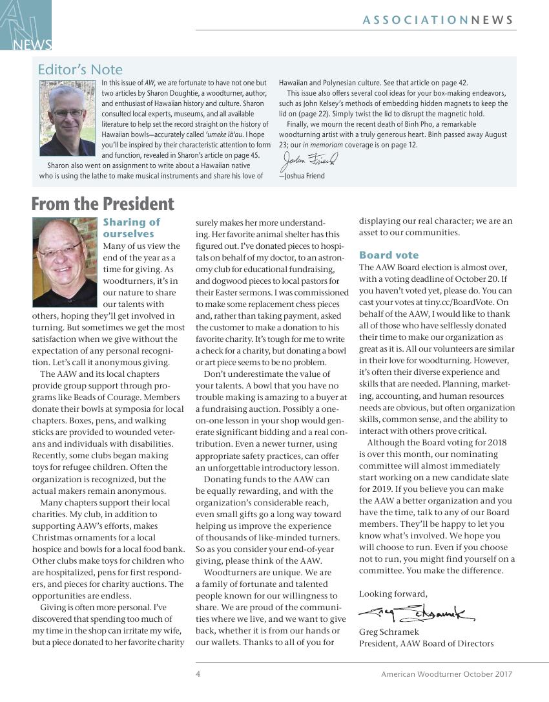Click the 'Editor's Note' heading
80,69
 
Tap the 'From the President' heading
103,204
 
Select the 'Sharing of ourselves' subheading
132,228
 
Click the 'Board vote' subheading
389,255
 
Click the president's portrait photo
66,262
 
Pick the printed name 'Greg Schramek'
389,632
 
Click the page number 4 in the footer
198,674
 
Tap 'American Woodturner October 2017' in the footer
446,674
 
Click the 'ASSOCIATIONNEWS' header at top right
439,20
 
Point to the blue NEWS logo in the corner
26,26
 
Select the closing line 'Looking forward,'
393,593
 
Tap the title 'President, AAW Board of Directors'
426,643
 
